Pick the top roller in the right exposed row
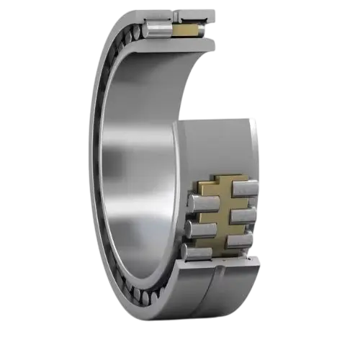[243, 189]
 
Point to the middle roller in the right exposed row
[243, 215]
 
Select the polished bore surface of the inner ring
[137, 173]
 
